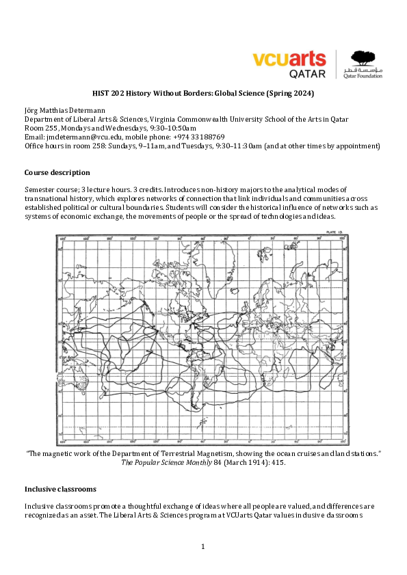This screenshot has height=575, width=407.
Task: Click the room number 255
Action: point(50,128)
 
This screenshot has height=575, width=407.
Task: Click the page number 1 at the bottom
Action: point(203,546)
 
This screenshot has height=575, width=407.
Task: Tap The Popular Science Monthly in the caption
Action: point(161,462)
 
